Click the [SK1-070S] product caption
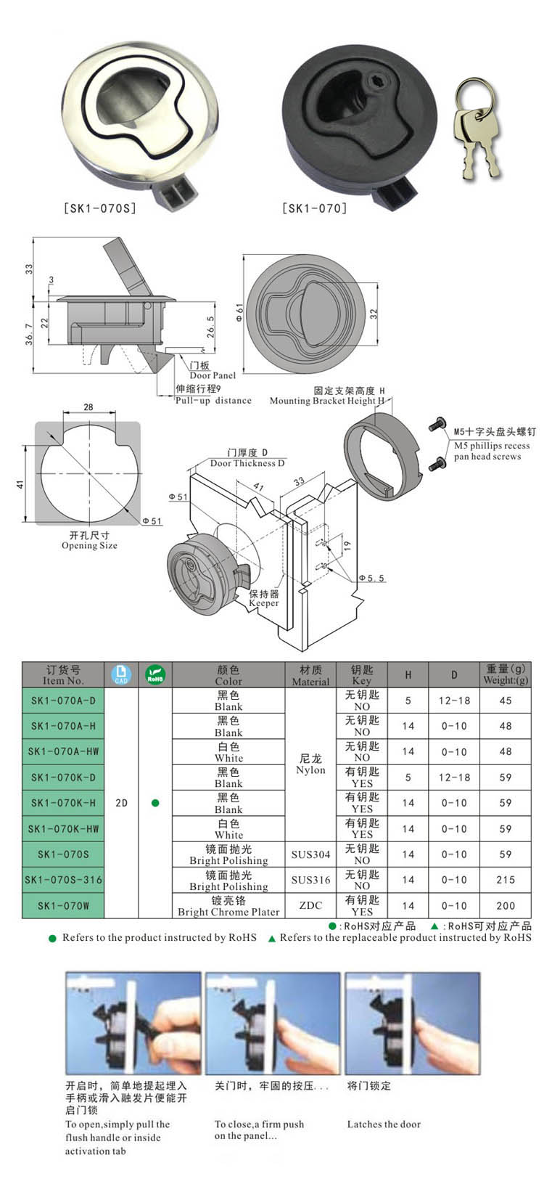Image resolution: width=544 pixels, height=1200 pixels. click(x=99, y=208)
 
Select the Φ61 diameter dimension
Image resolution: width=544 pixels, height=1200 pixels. click(x=239, y=313)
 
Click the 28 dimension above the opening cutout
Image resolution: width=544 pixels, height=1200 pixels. click(x=88, y=407)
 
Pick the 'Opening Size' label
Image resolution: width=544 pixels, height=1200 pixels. click(x=89, y=545)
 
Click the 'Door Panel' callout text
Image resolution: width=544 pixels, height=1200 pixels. click(x=213, y=375)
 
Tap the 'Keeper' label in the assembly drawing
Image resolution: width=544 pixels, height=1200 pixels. click(x=263, y=603)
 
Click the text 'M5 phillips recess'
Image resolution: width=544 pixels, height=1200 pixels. click(x=492, y=446)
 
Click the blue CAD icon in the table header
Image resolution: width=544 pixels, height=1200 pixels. click(x=121, y=674)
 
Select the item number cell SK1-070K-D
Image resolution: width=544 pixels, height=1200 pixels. click(x=63, y=777)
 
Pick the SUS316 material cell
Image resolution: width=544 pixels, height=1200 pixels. click(x=310, y=880)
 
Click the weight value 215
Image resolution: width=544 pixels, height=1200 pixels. click(x=506, y=880)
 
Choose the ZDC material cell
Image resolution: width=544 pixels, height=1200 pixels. click(x=310, y=905)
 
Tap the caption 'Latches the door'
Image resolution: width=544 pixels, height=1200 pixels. click(x=384, y=1124)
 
